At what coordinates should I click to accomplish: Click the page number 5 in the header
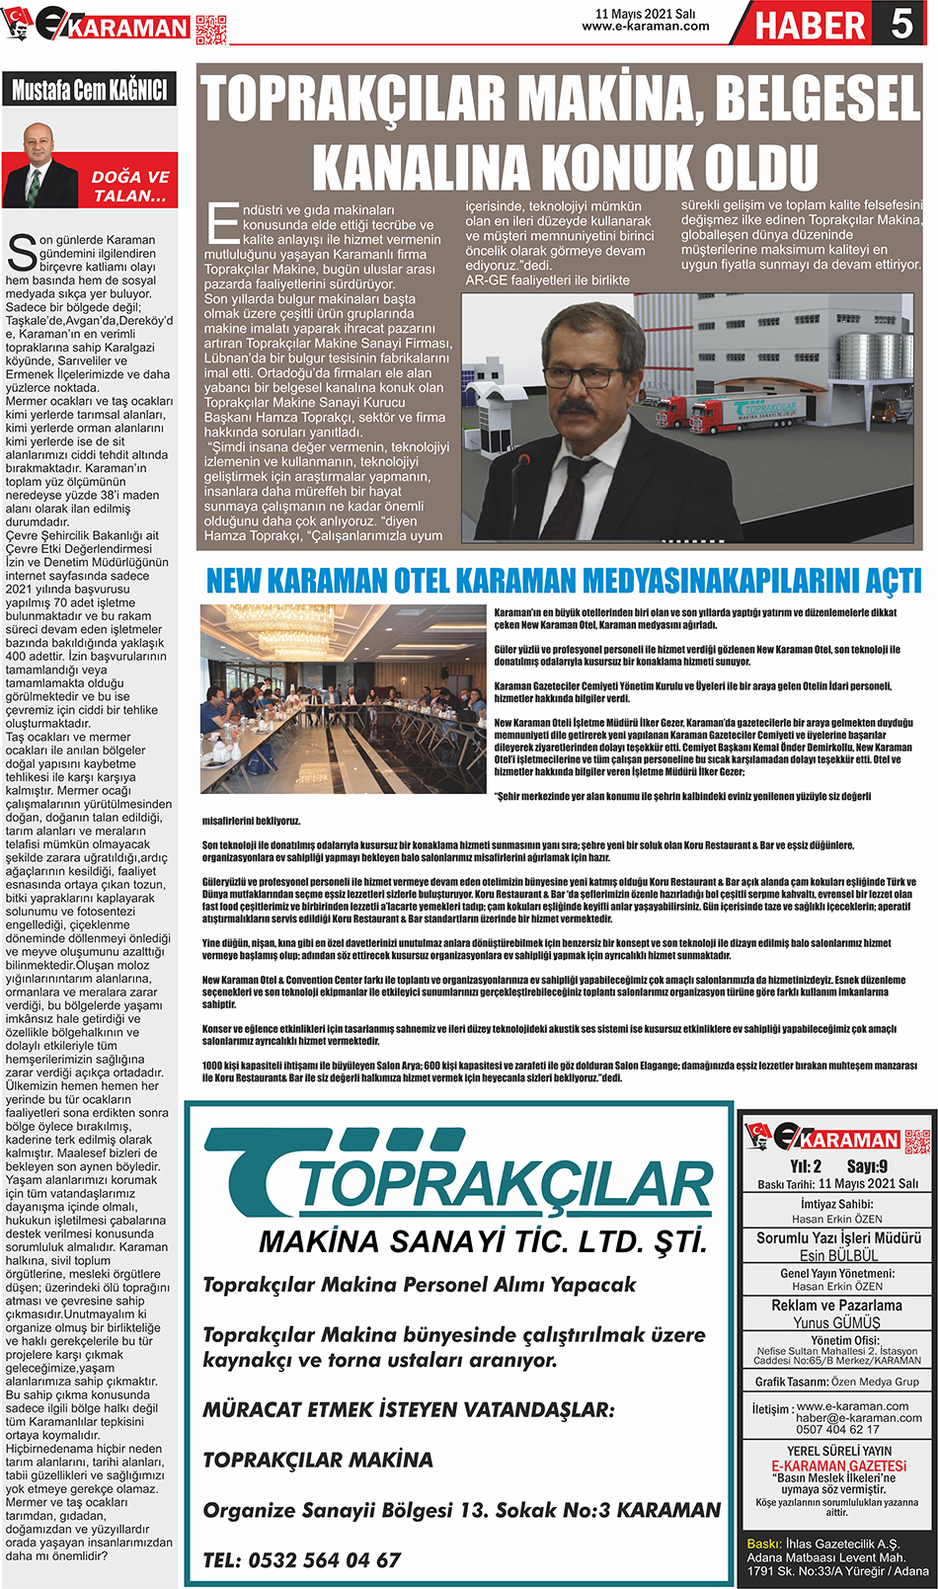[x=901, y=24]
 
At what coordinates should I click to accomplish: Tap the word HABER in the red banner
[x=810, y=26]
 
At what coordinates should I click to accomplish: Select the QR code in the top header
[x=210, y=30]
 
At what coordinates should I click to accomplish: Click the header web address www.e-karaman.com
[x=646, y=27]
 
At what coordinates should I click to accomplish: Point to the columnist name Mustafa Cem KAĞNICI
[x=89, y=91]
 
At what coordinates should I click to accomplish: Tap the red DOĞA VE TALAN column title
[x=129, y=186]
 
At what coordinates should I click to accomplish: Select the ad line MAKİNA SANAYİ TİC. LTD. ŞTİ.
[x=483, y=1241]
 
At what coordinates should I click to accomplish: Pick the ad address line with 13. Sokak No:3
[x=461, y=1510]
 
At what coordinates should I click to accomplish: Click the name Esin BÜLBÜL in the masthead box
[x=838, y=1255]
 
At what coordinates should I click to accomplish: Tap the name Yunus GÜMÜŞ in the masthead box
[x=836, y=1322]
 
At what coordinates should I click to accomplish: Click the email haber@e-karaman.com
[x=858, y=1418]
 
